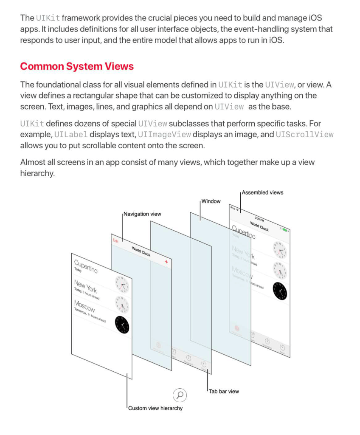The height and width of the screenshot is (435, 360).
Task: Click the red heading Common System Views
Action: (x=77, y=67)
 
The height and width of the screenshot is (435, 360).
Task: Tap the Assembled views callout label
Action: (x=263, y=192)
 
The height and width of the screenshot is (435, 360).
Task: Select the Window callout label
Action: (x=211, y=201)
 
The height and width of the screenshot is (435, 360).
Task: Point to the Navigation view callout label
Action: (x=142, y=214)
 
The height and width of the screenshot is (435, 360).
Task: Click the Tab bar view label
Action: (x=224, y=391)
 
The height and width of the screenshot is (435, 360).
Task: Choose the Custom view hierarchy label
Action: (x=155, y=408)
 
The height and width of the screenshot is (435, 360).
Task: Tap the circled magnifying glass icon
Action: (x=180, y=395)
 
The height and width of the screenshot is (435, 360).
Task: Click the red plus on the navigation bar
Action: (x=166, y=262)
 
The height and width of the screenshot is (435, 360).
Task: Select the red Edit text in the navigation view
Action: (x=115, y=241)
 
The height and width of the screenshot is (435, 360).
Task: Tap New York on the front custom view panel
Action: (x=85, y=286)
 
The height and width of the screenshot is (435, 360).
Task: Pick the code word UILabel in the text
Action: (x=71, y=135)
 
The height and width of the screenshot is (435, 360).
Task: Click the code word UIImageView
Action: (x=164, y=135)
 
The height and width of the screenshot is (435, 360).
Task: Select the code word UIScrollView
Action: (x=304, y=135)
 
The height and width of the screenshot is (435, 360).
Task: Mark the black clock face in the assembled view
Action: (x=280, y=291)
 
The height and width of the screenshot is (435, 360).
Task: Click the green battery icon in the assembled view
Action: (x=285, y=230)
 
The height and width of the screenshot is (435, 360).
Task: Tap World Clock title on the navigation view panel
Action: (x=141, y=251)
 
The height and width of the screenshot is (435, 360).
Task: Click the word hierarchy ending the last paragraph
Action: (x=37, y=173)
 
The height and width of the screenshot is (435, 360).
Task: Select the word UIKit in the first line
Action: (x=48, y=18)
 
